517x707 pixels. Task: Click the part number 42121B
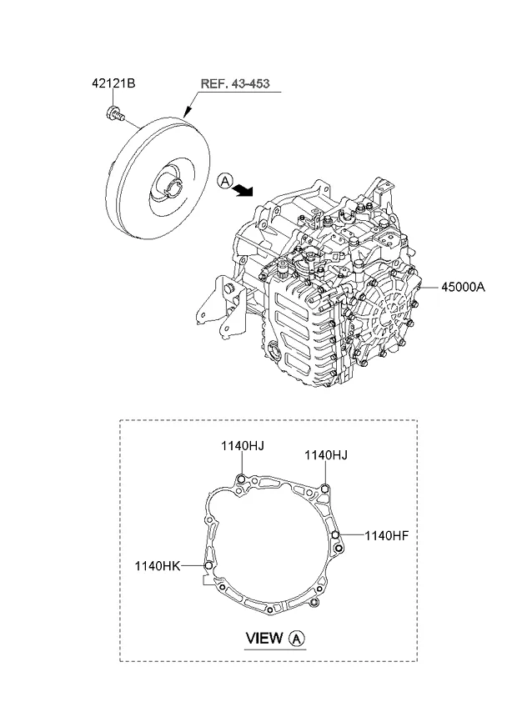coord(113,83)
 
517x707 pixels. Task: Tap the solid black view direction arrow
coord(243,191)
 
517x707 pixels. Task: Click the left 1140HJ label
coord(243,447)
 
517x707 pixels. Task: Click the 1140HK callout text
coord(158,565)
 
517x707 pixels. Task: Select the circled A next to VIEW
coord(299,639)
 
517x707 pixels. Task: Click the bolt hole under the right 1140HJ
coord(324,489)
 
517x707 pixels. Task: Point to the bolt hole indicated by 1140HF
coord(335,535)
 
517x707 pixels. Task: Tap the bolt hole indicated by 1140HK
coord(209,566)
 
